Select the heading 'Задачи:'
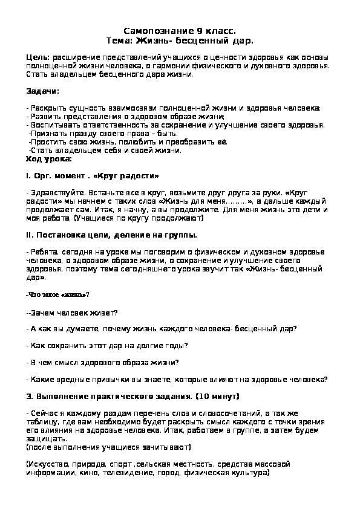(42, 91)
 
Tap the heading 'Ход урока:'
(48, 158)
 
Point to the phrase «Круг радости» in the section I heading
(131, 176)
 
